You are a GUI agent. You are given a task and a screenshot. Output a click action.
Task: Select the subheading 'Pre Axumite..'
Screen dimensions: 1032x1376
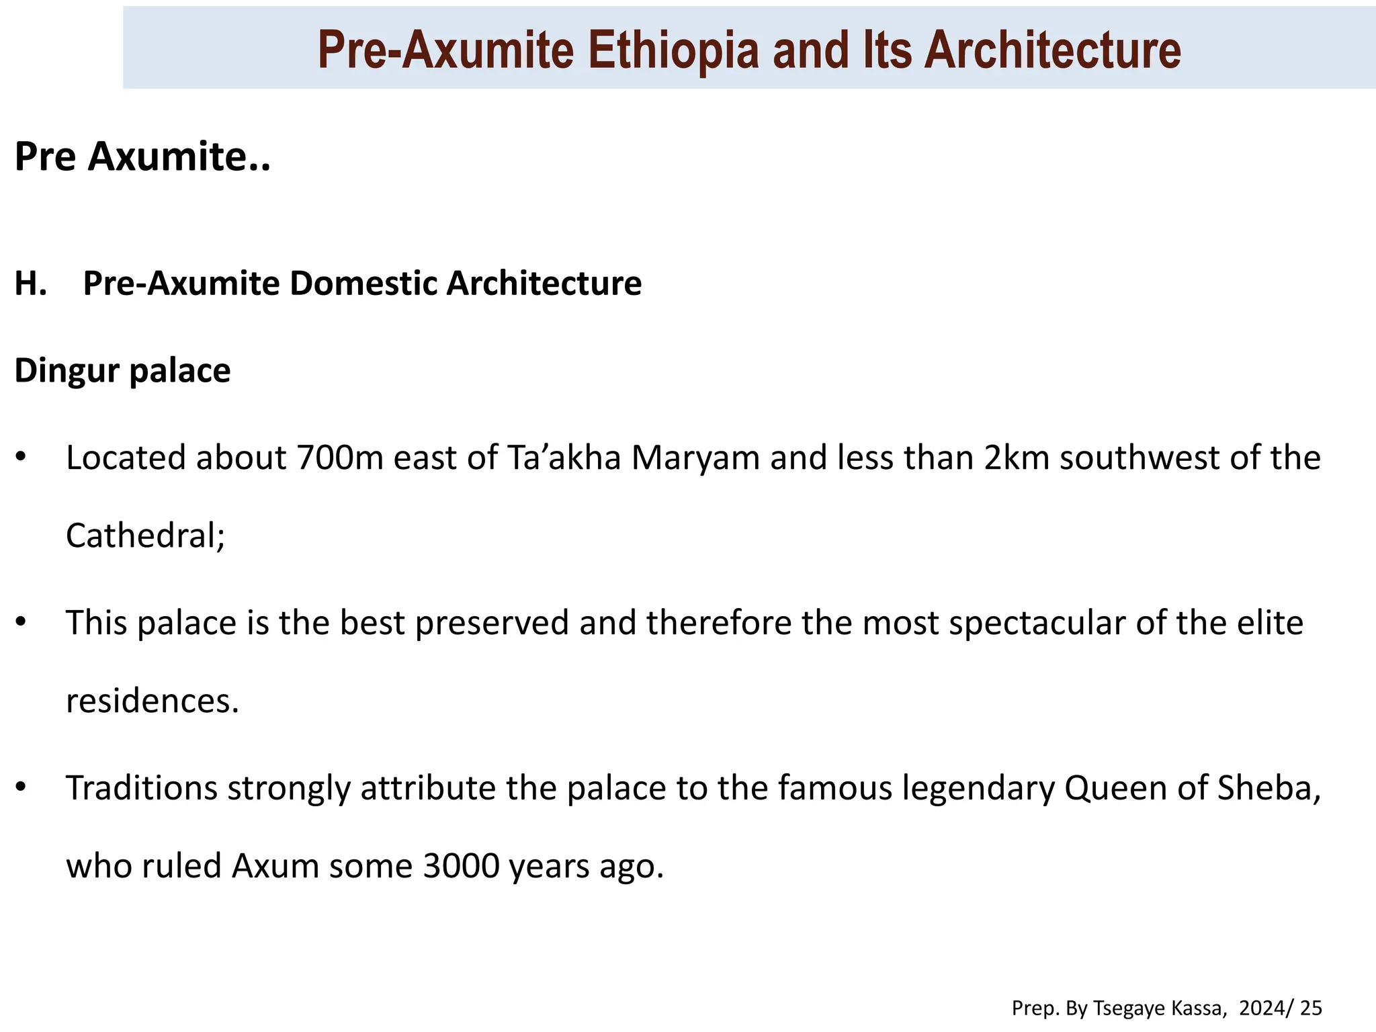(x=142, y=157)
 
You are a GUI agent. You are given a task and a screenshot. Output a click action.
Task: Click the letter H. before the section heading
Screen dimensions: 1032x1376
(x=31, y=284)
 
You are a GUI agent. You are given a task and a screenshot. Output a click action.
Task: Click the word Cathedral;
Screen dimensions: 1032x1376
(x=145, y=536)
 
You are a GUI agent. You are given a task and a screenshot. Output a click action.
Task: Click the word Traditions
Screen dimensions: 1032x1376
(x=142, y=789)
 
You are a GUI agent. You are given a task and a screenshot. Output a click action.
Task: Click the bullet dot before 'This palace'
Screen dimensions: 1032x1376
(x=21, y=621)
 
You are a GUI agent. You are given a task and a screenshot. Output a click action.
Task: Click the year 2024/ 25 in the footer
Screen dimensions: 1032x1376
(x=1280, y=1008)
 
